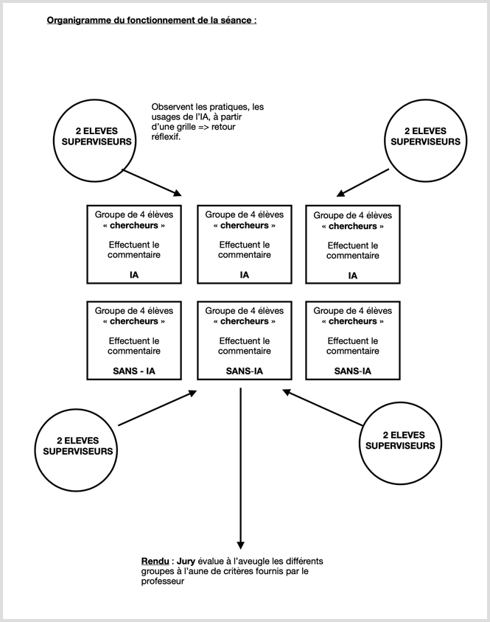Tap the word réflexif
(166, 137)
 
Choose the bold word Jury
(186, 562)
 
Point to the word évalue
(210, 562)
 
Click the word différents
(304, 562)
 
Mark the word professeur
(163, 581)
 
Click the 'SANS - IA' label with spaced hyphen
(134, 371)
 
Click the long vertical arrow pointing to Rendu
(240, 468)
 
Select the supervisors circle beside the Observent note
(94, 141)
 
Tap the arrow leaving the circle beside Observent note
(152, 183)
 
